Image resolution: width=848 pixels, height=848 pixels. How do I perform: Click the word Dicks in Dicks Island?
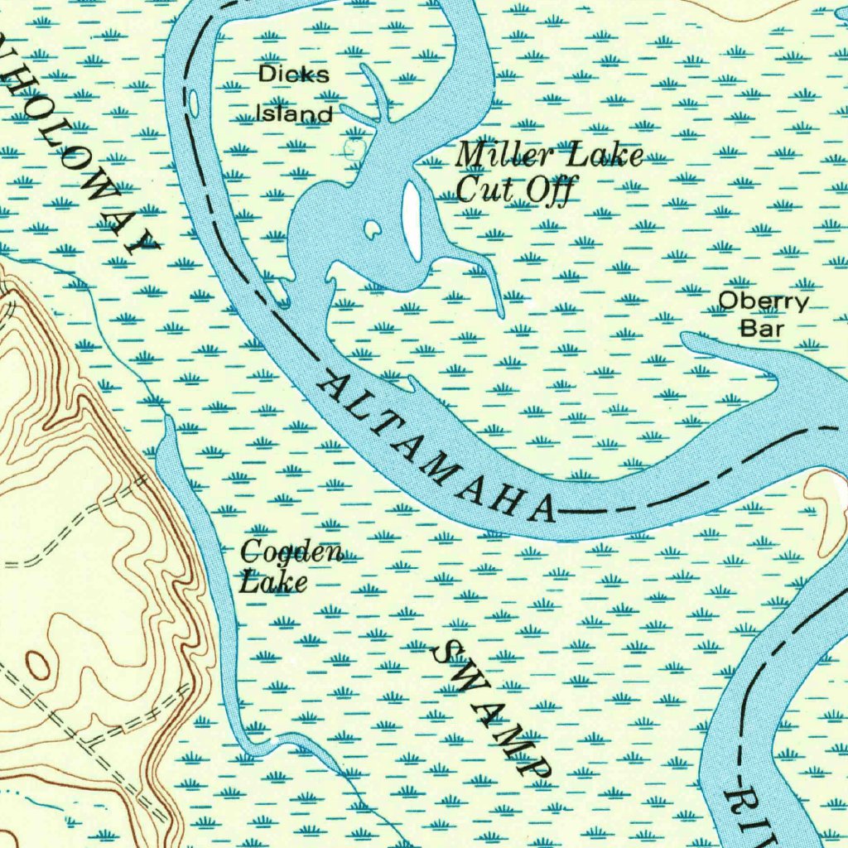(293, 75)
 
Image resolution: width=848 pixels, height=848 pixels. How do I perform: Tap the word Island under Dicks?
(293, 113)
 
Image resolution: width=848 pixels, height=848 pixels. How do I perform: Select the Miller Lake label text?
(549, 155)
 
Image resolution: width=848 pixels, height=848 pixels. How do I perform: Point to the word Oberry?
(762, 301)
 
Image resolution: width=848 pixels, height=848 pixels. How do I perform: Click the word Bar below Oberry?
(761, 329)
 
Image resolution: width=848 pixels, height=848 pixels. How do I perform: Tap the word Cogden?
(291, 552)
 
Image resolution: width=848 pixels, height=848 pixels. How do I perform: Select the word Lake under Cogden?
(273, 582)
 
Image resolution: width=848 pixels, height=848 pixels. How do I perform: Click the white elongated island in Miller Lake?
(411, 219)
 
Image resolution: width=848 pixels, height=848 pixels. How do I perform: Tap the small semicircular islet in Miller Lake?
(372, 229)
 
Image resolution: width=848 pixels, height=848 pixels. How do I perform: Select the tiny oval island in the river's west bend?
(194, 103)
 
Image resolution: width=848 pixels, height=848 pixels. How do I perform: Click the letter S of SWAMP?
(446, 654)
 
